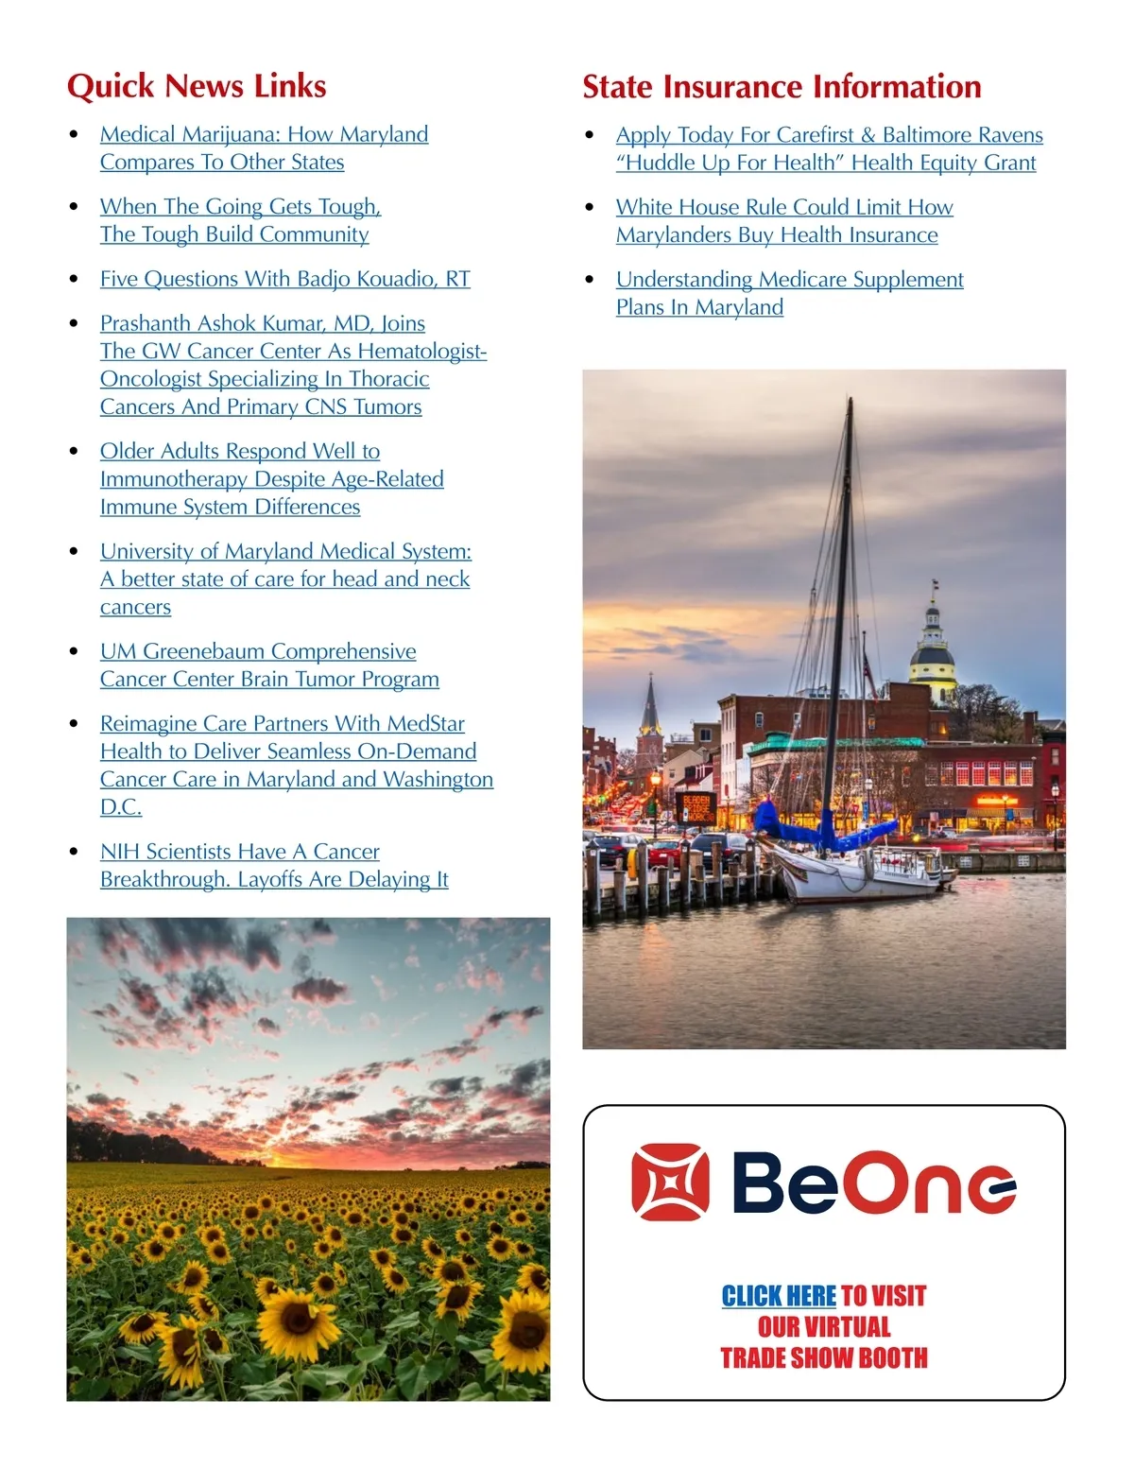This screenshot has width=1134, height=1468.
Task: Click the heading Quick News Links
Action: click(197, 86)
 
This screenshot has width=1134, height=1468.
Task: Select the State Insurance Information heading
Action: click(782, 87)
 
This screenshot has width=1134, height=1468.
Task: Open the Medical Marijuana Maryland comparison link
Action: click(264, 148)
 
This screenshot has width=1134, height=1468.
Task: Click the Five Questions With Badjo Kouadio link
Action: click(284, 279)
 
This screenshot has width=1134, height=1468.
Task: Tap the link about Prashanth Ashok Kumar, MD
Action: click(293, 365)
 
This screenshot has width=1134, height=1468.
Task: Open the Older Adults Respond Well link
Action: click(271, 479)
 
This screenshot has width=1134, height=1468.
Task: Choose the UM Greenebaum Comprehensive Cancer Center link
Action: click(269, 665)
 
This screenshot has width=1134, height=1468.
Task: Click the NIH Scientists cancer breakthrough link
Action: click(274, 866)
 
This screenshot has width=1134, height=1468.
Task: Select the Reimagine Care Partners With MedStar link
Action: click(296, 765)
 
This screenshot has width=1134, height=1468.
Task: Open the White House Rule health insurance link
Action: click(783, 221)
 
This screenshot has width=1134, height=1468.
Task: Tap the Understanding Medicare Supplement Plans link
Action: click(789, 293)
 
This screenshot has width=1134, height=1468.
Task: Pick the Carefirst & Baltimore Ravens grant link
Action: click(829, 149)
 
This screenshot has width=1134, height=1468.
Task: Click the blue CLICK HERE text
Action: click(779, 1296)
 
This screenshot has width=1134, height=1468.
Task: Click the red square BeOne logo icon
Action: click(670, 1182)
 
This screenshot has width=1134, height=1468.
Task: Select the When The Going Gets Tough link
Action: click(240, 220)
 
